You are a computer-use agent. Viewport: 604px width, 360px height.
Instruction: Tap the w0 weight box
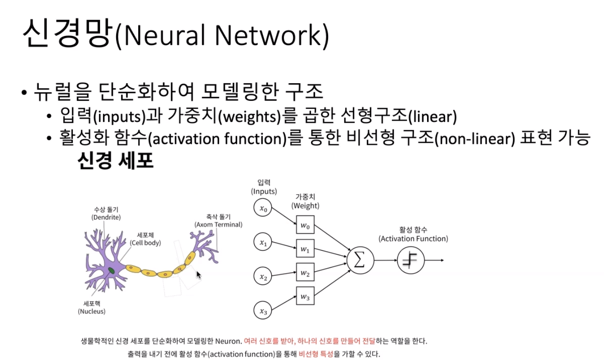[x=305, y=225]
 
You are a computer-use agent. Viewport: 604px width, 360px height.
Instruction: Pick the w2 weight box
[x=305, y=273]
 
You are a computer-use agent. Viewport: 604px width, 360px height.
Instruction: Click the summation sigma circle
[x=359, y=261]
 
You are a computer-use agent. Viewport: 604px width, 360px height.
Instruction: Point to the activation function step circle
[x=411, y=261]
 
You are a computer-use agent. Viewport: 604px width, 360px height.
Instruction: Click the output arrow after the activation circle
[x=435, y=261]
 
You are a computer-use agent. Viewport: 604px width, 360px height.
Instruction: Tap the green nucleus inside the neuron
[x=111, y=270]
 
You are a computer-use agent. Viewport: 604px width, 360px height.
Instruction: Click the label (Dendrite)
[x=105, y=217]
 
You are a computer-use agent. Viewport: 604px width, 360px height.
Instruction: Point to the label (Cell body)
[x=145, y=243]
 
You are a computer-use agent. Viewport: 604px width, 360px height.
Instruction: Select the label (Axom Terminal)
[x=218, y=224]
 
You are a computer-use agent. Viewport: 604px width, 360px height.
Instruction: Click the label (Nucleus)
[x=91, y=311]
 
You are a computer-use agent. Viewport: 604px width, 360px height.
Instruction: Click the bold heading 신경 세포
[x=116, y=161]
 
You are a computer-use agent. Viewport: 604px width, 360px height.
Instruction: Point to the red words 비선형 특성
[x=316, y=354]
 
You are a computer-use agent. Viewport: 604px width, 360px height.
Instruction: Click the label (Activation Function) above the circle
[x=413, y=238]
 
